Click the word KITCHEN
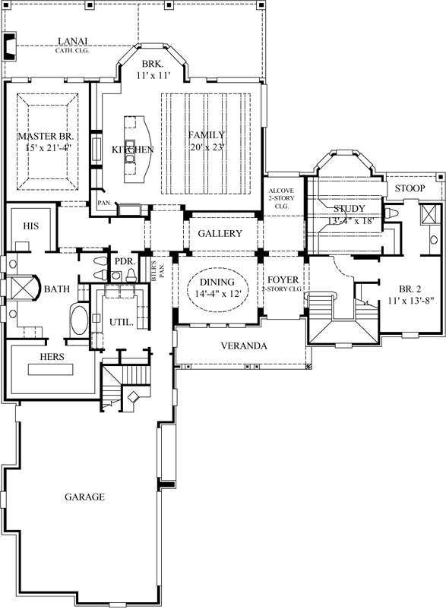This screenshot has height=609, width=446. point(133,150)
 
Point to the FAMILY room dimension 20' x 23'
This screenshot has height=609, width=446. point(207,149)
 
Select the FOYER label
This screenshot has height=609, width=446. point(282,280)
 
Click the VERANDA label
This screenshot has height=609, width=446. point(243,346)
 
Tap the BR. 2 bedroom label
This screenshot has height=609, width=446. point(411,289)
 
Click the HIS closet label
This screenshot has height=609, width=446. point(31,226)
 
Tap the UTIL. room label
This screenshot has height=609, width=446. point(122,322)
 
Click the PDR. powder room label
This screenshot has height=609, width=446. point(124,262)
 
